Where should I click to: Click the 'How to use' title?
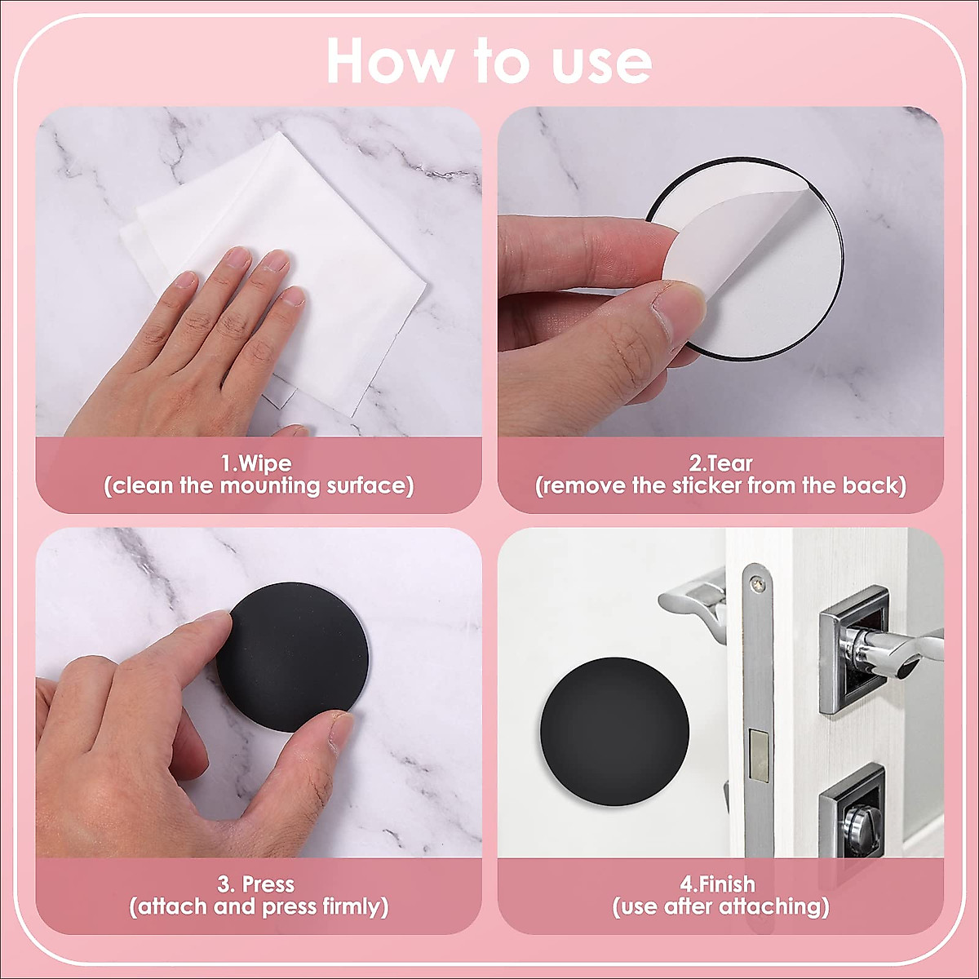489,61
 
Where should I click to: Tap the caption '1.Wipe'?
256,463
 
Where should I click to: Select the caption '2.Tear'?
720,463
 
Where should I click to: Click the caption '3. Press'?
256,884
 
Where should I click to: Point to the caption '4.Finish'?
718,884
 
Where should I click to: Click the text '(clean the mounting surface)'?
259,486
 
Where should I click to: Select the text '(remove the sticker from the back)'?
720,486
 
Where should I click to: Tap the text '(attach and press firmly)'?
259,907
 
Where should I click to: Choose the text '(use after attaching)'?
720,907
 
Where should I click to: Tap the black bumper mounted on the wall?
614,731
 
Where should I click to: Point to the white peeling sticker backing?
767,269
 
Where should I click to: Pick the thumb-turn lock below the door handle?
853,816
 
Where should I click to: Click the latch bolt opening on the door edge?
759,752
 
